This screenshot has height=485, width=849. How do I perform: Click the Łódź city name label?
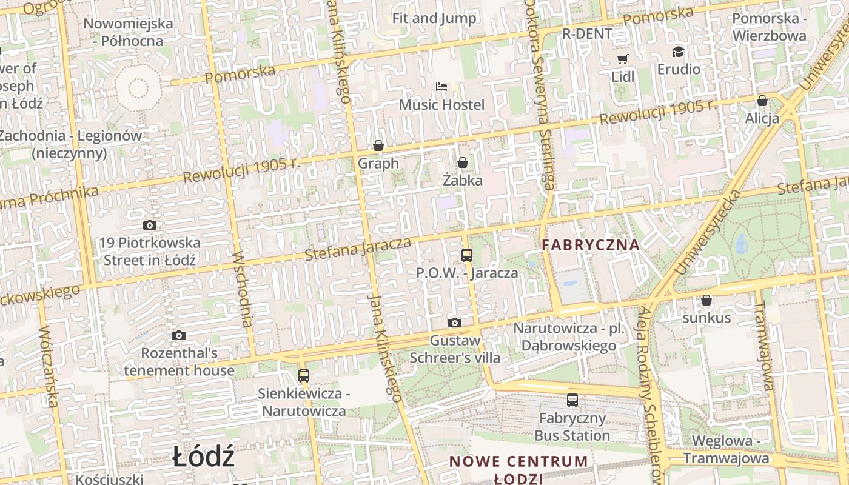tap(203, 456)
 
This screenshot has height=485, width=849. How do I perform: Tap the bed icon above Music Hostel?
tap(441, 87)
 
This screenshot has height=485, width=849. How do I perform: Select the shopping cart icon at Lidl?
tap(622, 59)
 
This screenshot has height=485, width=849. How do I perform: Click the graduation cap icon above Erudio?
tap(678, 52)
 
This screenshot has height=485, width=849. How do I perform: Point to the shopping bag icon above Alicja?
tap(762, 100)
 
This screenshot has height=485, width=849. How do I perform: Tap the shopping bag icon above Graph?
tap(378, 145)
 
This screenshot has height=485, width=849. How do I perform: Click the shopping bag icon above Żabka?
tap(463, 162)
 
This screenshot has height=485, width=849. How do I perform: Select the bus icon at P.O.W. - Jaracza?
tap(466, 255)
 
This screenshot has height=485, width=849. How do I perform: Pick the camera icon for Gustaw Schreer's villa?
tap(455, 323)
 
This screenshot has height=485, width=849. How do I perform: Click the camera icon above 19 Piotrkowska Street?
tap(150, 225)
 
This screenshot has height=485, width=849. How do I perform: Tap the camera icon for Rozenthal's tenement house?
tap(178, 335)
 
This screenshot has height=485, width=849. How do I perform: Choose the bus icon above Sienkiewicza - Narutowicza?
tap(304, 376)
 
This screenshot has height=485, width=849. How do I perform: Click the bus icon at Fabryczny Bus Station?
tap(572, 400)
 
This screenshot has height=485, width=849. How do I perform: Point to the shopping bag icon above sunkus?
tap(706, 300)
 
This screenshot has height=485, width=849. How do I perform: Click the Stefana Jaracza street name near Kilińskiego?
tap(358, 249)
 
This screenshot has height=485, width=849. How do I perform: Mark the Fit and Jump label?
tap(434, 18)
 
